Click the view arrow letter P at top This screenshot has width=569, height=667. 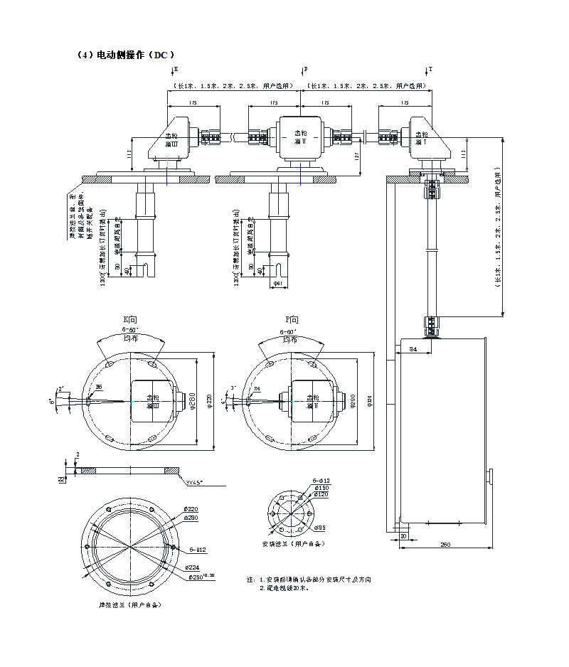click(306, 70)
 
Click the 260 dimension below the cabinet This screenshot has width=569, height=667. click(445, 545)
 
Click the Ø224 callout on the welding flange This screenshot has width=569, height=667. click(190, 567)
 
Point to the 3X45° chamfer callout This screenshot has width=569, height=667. click(194, 483)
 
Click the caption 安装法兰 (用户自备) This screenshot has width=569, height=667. click(289, 544)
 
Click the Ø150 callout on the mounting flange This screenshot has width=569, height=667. click(322, 487)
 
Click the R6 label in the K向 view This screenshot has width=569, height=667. click(99, 387)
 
